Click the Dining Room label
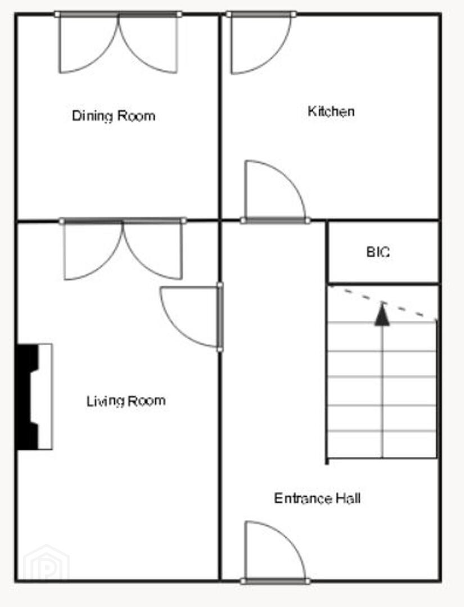point(114,116)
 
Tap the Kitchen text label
point(331,111)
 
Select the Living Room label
point(126,401)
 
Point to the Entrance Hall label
point(317,498)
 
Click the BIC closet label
point(378,252)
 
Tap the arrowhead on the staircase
point(382,314)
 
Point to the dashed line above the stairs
point(382,302)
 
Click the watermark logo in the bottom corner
point(46,563)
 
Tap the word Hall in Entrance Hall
point(348,498)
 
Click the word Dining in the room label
point(93,116)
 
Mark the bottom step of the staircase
point(382,445)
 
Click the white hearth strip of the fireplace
point(46,397)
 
